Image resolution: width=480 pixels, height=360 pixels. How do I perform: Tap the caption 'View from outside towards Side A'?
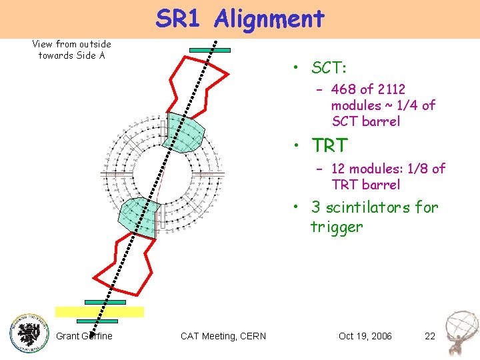[71, 49]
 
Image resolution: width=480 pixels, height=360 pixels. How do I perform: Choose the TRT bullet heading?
[329, 145]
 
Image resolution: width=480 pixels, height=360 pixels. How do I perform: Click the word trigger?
[337, 227]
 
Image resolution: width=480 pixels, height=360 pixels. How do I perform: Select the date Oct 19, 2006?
[365, 336]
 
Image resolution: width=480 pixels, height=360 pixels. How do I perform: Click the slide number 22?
[430, 336]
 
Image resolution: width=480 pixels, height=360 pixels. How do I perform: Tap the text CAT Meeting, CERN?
[223, 336]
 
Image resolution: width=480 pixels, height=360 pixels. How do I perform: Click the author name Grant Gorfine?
[84, 336]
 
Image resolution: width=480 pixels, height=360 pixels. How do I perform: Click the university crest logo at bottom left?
[29, 331]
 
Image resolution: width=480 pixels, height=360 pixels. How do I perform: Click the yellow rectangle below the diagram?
[99, 311]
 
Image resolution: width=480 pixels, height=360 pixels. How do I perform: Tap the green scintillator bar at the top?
[209, 49]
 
